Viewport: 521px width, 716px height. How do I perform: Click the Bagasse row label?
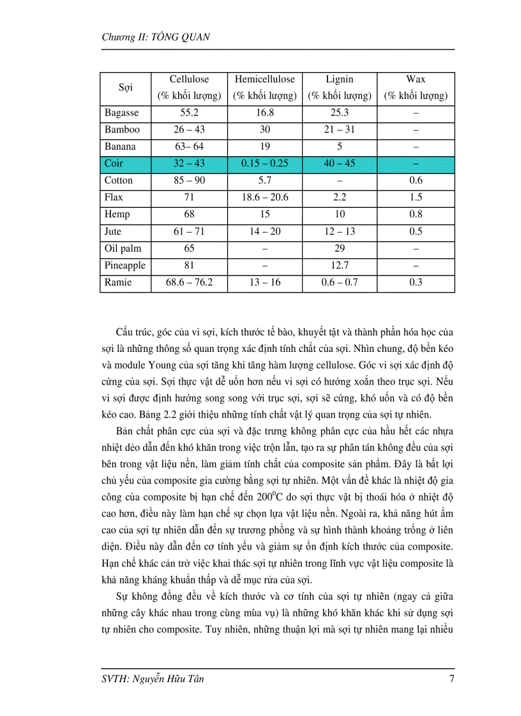[x=121, y=113]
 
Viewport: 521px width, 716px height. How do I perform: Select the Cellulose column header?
[x=189, y=80]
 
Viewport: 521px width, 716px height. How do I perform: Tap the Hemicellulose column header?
[x=264, y=80]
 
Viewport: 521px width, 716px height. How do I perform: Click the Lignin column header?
[x=339, y=80]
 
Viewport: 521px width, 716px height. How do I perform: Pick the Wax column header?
[x=416, y=80]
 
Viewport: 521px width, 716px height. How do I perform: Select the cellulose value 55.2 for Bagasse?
[x=189, y=113]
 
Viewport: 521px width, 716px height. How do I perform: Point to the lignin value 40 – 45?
[x=339, y=164]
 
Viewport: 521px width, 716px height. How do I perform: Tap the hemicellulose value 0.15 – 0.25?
[x=264, y=164]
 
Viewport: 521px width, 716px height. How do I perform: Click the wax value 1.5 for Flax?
[x=416, y=198]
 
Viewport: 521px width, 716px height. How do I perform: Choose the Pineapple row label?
[x=125, y=265]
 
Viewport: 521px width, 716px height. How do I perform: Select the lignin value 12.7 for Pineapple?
[x=339, y=265]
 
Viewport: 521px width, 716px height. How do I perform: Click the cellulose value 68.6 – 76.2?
[x=189, y=282]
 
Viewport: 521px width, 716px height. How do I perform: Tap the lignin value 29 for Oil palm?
[x=339, y=249]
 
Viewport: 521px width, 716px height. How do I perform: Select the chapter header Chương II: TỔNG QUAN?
[x=156, y=37]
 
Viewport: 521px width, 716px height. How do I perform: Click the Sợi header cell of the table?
[x=125, y=88]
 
